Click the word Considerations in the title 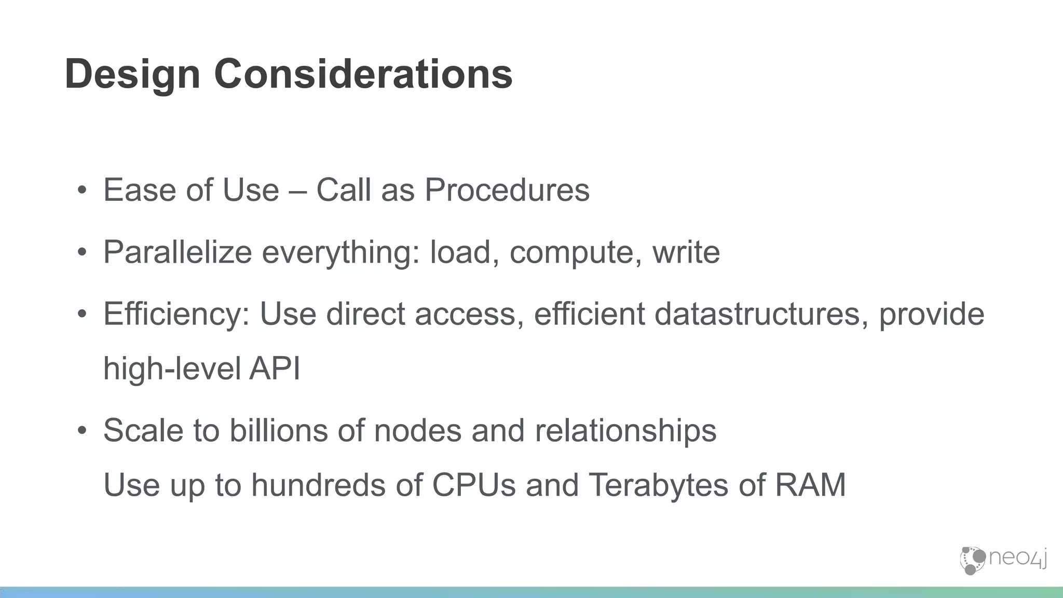pyautogui.click(x=363, y=74)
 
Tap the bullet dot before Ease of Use pyautogui.click(x=81, y=191)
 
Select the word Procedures pyautogui.click(x=507, y=190)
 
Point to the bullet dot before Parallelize pyautogui.click(x=81, y=253)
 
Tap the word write pyautogui.click(x=686, y=252)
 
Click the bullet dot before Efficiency pyautogui.click(x=81, y=315)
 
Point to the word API pyautogui.click(x=275, y=369)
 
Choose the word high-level pyautogui.click(x=171, y=369)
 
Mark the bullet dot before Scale pyautogui.click(x=81, y=431)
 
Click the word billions pyautogui.click(x=278, y=431)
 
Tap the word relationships pyautogui.click(x=625, y=431)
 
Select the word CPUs pyautogui.click(x=474, y=485)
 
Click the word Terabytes pyautogui.click(x=659, y=485)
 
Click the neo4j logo pyautogui.click(x=1003, y=560)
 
